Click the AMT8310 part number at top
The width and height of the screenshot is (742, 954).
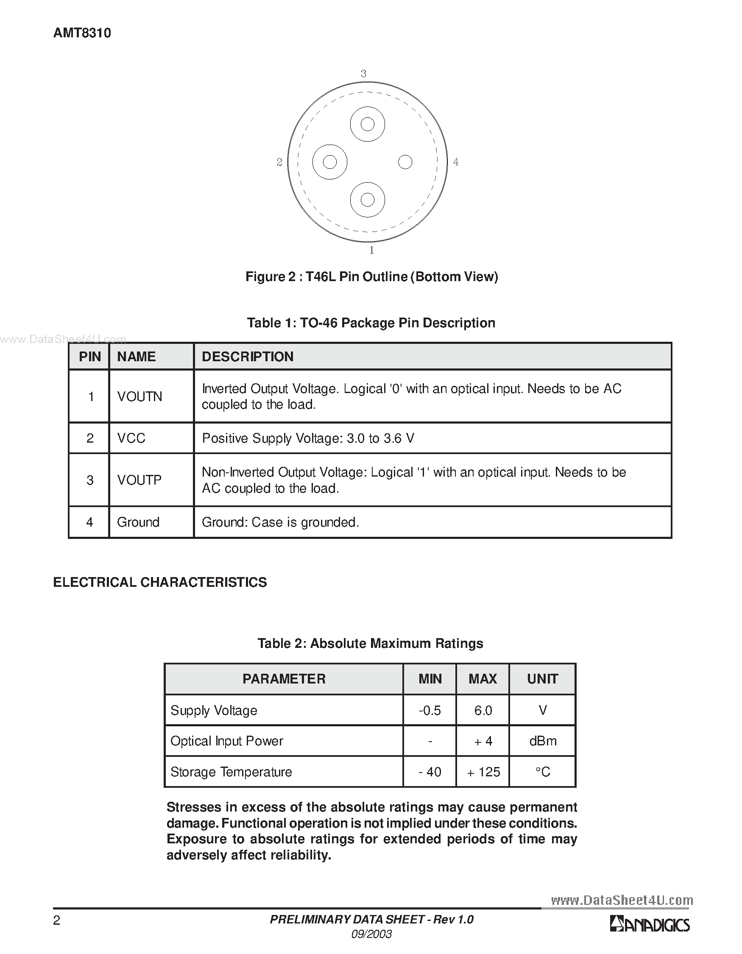coord(82,33)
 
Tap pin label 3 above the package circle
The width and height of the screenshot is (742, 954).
coord(363,74)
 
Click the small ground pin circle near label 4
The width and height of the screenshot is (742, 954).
coord(405,162)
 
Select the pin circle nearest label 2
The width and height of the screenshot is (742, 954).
coord(330,162)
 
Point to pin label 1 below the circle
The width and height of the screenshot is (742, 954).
coord(372,250)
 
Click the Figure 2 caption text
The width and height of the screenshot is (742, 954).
coord(372,276)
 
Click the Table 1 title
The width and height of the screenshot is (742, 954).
coord(371,323)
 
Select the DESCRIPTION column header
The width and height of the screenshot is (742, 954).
coord(248,357)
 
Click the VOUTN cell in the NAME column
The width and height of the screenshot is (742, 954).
coord(139,396)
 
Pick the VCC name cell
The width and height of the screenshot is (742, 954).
coord(131,438)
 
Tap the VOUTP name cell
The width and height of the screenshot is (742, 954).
coord(139,480)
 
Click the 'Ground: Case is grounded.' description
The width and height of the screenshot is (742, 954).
coord(280,522)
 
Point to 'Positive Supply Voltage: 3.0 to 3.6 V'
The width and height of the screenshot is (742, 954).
coord(308,438)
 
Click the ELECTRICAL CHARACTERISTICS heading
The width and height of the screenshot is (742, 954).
coord(160,582)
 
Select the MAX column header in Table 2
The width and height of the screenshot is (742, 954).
coord(483,678)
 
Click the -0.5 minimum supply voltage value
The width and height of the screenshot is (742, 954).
coord(430,710)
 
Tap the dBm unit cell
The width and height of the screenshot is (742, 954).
coord(543,741)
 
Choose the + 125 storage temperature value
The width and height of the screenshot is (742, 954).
coord(483,772)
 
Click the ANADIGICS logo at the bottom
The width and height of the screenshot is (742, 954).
coord(650,925)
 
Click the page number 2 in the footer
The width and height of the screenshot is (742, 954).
coord(56,921)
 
